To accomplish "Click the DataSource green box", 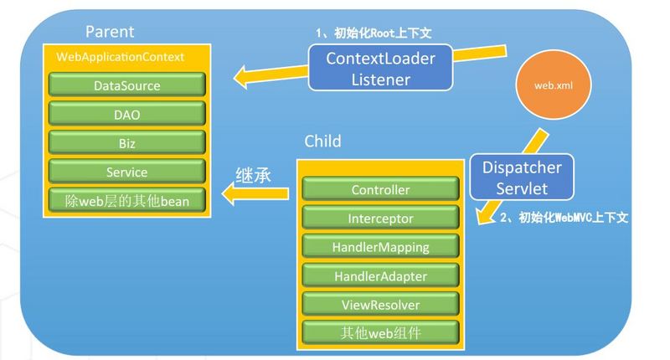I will (126, 85).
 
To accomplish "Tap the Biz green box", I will (126, 142).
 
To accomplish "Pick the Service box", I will (126, 172).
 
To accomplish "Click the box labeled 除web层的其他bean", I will (126, 201).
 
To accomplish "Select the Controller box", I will (380, 189).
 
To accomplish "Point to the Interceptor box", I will (380, 219).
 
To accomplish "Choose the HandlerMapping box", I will (380, 247).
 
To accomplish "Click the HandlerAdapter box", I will (380, 275).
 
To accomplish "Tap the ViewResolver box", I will (380, 304).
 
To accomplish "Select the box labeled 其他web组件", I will (380, 332).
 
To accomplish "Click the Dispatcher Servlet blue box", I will (521, 178).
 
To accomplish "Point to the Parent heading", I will (110, 33).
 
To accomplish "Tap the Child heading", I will (322, 140).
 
